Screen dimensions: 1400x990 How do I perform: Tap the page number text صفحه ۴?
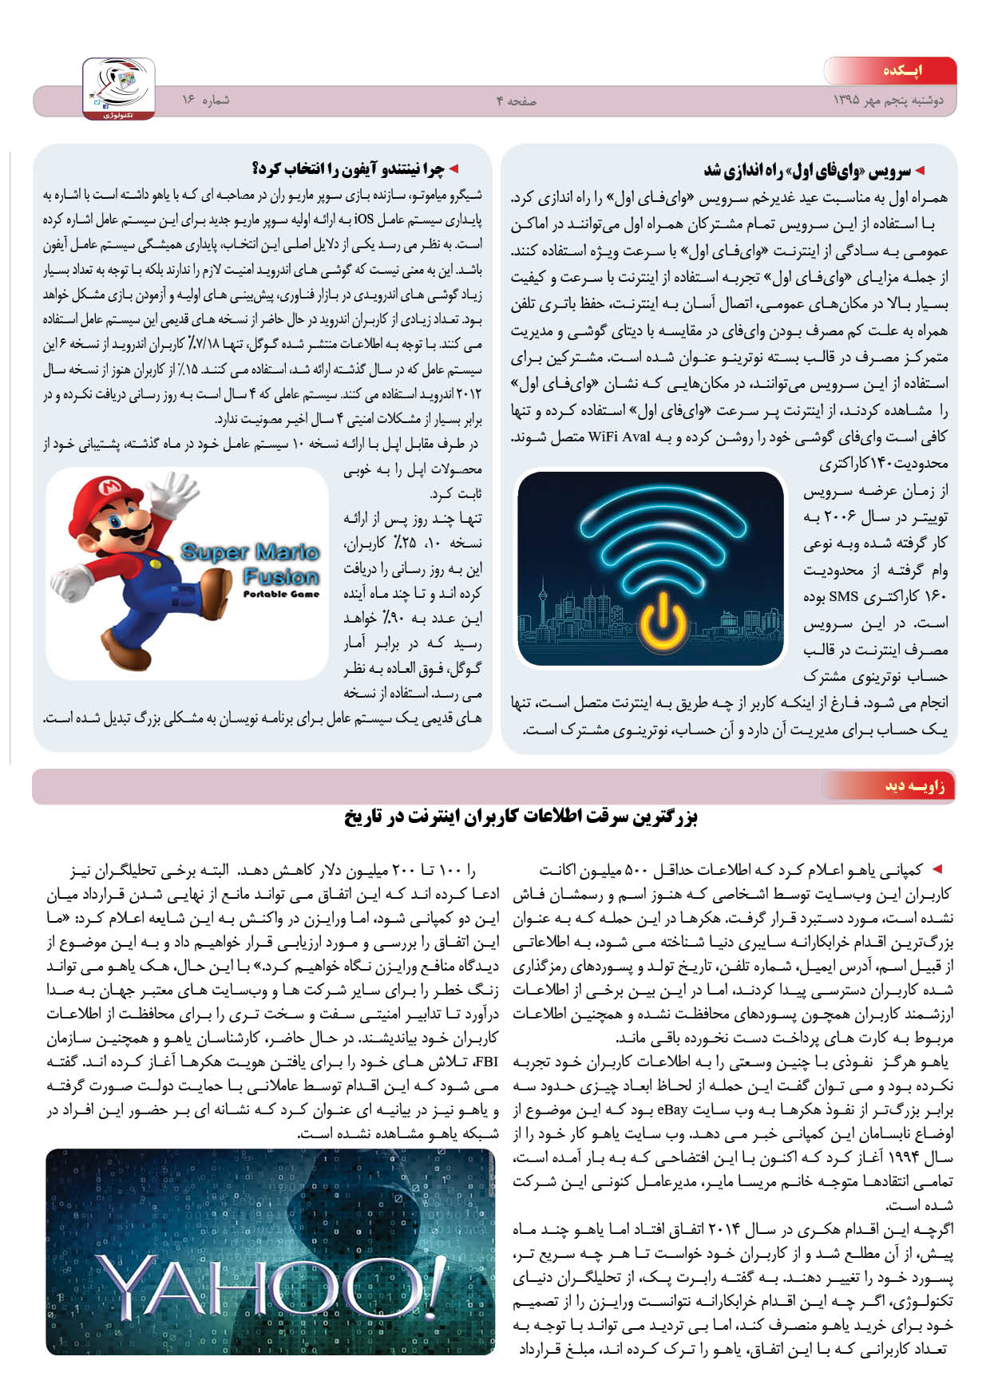coord(516,101)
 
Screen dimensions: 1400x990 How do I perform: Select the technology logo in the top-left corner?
coord(118,89)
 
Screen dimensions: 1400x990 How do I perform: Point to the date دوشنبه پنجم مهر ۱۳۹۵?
coord(888,101)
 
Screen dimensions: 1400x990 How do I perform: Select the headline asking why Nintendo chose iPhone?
coord(349,168)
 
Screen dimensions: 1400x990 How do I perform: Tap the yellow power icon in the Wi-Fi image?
coord(662,623)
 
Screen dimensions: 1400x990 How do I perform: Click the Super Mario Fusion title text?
coord(251,564)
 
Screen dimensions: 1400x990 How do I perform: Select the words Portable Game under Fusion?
coord(281,595)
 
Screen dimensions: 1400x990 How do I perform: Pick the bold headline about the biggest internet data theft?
coord(521,817)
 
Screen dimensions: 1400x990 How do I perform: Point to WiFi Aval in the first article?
coord(619,437)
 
